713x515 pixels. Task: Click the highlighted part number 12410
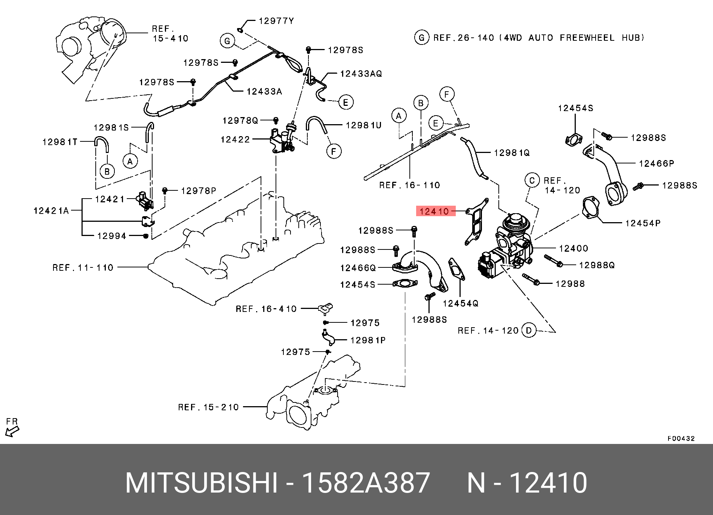[434, 211]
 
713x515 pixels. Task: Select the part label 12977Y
[276, 21]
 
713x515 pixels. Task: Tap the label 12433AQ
[361, 74]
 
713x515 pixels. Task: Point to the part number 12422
[235, 140]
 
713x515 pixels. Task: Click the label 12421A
[51, 211]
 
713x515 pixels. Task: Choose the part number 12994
[112, 236]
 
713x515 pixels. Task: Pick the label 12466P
[657, 163]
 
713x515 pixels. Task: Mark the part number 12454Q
[461, 303]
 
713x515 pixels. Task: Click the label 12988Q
[597, 265]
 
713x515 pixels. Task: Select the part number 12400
[574, 248]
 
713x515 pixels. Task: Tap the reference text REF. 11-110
[83, 268]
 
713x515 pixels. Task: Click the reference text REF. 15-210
[208, 407]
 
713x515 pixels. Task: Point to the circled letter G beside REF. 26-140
[422, 38]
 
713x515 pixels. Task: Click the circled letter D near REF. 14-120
[528, 331]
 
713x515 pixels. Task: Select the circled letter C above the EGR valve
[532, 180]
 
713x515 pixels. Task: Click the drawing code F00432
[681, 439]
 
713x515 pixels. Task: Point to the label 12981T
[60, 142]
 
